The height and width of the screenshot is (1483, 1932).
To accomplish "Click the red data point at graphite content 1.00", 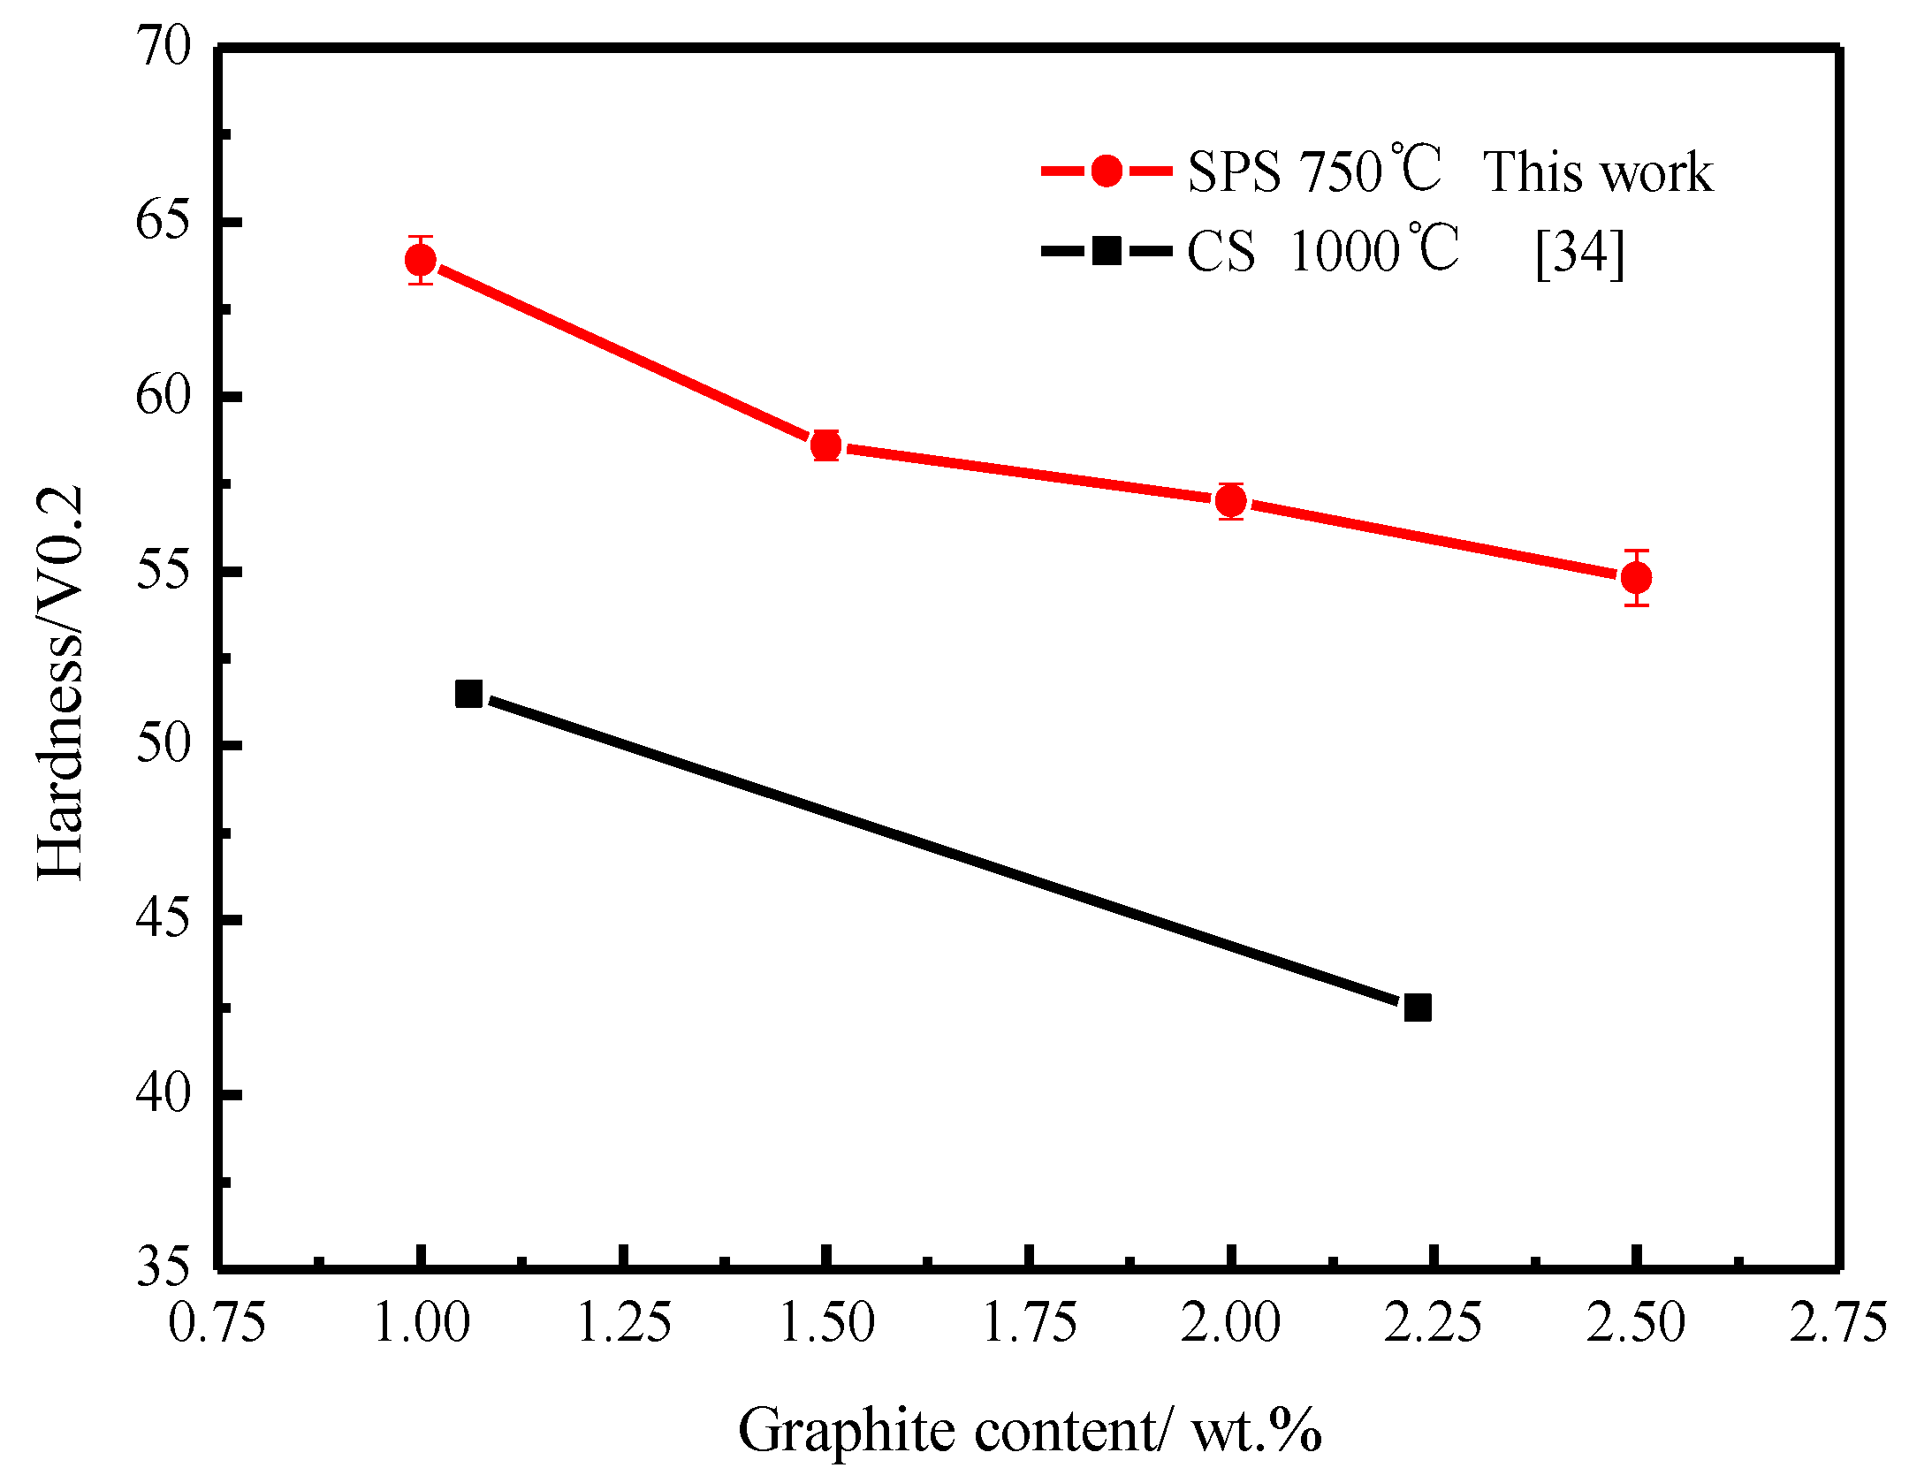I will pos(421,260).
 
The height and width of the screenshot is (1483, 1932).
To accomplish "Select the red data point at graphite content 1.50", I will pos(825,445).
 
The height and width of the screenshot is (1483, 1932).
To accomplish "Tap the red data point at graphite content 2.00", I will pos(1230,501).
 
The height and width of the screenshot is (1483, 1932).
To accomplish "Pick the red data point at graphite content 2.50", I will pos(1636,578).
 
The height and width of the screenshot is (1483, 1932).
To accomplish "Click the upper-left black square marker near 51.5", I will pos(468,694).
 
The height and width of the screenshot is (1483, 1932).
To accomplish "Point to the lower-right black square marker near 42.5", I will pos(1417,1008).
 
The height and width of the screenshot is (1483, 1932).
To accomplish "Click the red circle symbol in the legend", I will pos(1107,171).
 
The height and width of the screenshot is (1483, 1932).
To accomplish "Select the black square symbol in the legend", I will pos(1107,251).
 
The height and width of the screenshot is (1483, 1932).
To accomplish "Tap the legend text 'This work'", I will pos(1597,171).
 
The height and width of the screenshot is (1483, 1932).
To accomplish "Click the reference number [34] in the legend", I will pos(1579,253).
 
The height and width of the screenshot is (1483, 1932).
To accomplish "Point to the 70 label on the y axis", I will pos(164,46).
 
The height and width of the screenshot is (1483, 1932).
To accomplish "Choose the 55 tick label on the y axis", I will pos(164,571).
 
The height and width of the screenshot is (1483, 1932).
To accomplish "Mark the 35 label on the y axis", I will pos(164,1266).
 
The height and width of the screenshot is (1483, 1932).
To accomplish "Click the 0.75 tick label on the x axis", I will pos(217,1323).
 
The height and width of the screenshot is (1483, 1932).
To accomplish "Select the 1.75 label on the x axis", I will pos(1029,1323).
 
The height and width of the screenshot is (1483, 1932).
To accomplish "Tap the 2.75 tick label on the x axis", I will pos(1838,1323).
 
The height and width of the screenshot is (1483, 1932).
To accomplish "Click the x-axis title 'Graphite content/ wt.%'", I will pos(1030,1430).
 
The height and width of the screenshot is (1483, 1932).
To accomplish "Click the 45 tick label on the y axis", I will pos(164,919).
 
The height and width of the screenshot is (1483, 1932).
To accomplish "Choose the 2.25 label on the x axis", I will pos(1433,1323).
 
